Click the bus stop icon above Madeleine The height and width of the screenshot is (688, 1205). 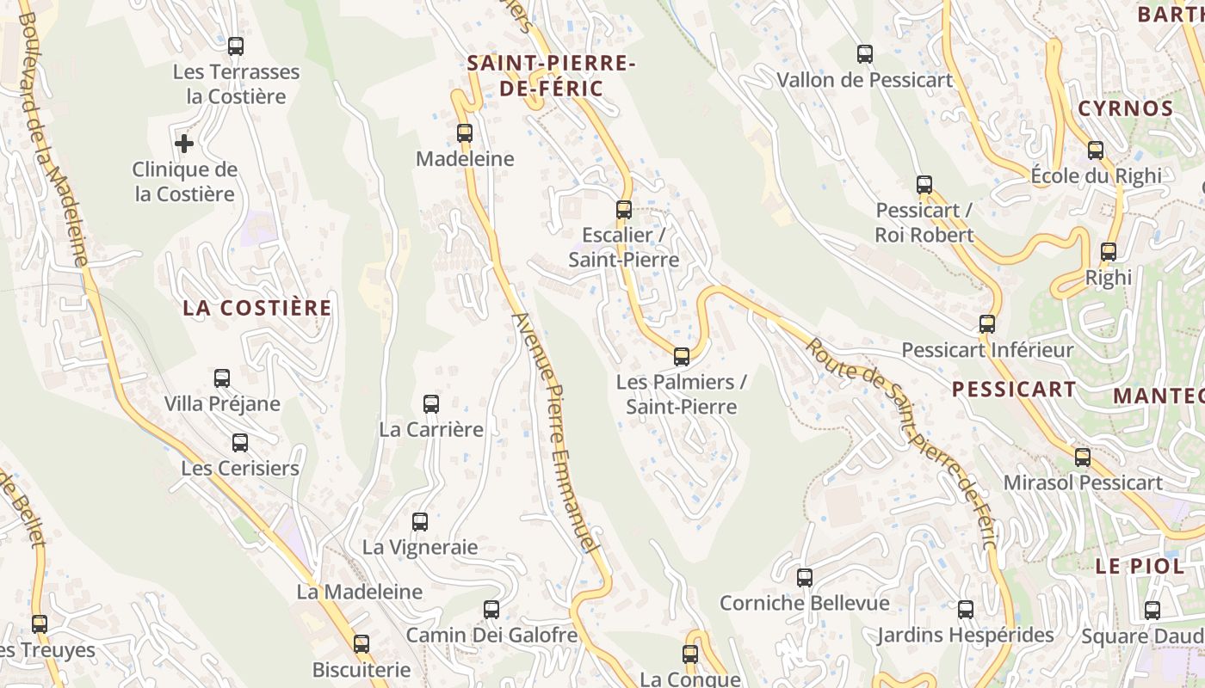(x=465, y=133)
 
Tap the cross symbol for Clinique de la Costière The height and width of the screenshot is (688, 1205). (x=183, y=144)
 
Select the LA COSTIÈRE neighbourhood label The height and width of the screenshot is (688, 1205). (x=256, y=308)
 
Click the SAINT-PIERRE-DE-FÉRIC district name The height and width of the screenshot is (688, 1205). (x=551, y=76)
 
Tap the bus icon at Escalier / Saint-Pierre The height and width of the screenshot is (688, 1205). (x=624, y=210)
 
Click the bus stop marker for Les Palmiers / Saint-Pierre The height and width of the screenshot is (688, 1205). (x=682, y=356)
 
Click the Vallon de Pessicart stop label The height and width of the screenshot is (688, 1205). (x=865, y=80)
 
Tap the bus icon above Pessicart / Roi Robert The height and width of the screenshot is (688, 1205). (x=924, y=185)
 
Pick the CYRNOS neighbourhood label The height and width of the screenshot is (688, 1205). (x=1126, y=108)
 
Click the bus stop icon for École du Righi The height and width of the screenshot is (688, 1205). (x=1096, y=150)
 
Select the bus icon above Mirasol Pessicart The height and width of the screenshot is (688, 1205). (x=1083, y=458)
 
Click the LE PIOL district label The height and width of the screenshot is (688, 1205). (x=1128, y=566)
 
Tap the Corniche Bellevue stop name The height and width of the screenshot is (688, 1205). (x=804, y=603)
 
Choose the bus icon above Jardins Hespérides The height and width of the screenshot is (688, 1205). (x=966, y=610)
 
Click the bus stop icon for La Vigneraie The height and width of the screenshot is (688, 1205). (x=420, y=521)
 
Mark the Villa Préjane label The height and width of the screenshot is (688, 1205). (x=222, y=403)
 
